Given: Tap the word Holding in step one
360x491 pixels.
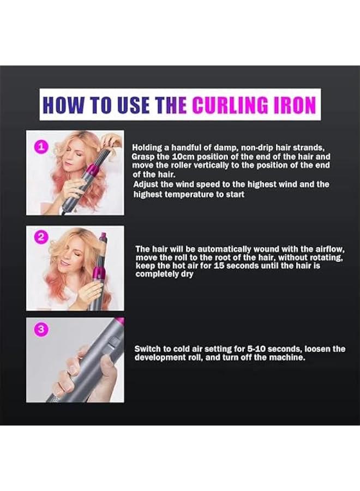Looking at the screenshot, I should tap(147, 147).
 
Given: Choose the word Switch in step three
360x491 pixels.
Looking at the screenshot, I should tap(148, 349).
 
